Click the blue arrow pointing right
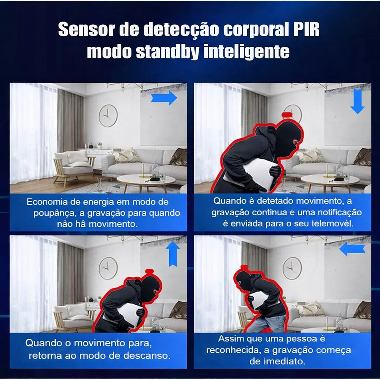(x=164, y=98)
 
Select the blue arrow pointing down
(x=357, y=101)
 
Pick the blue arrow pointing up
(x=173, y=253)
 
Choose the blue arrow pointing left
(x=352, y=249)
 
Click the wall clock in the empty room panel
(x=108, y=115)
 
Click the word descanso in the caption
(x=148, y=355)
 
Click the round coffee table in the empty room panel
(x=146, y=180)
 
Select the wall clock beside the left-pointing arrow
(x=292, y=268)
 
